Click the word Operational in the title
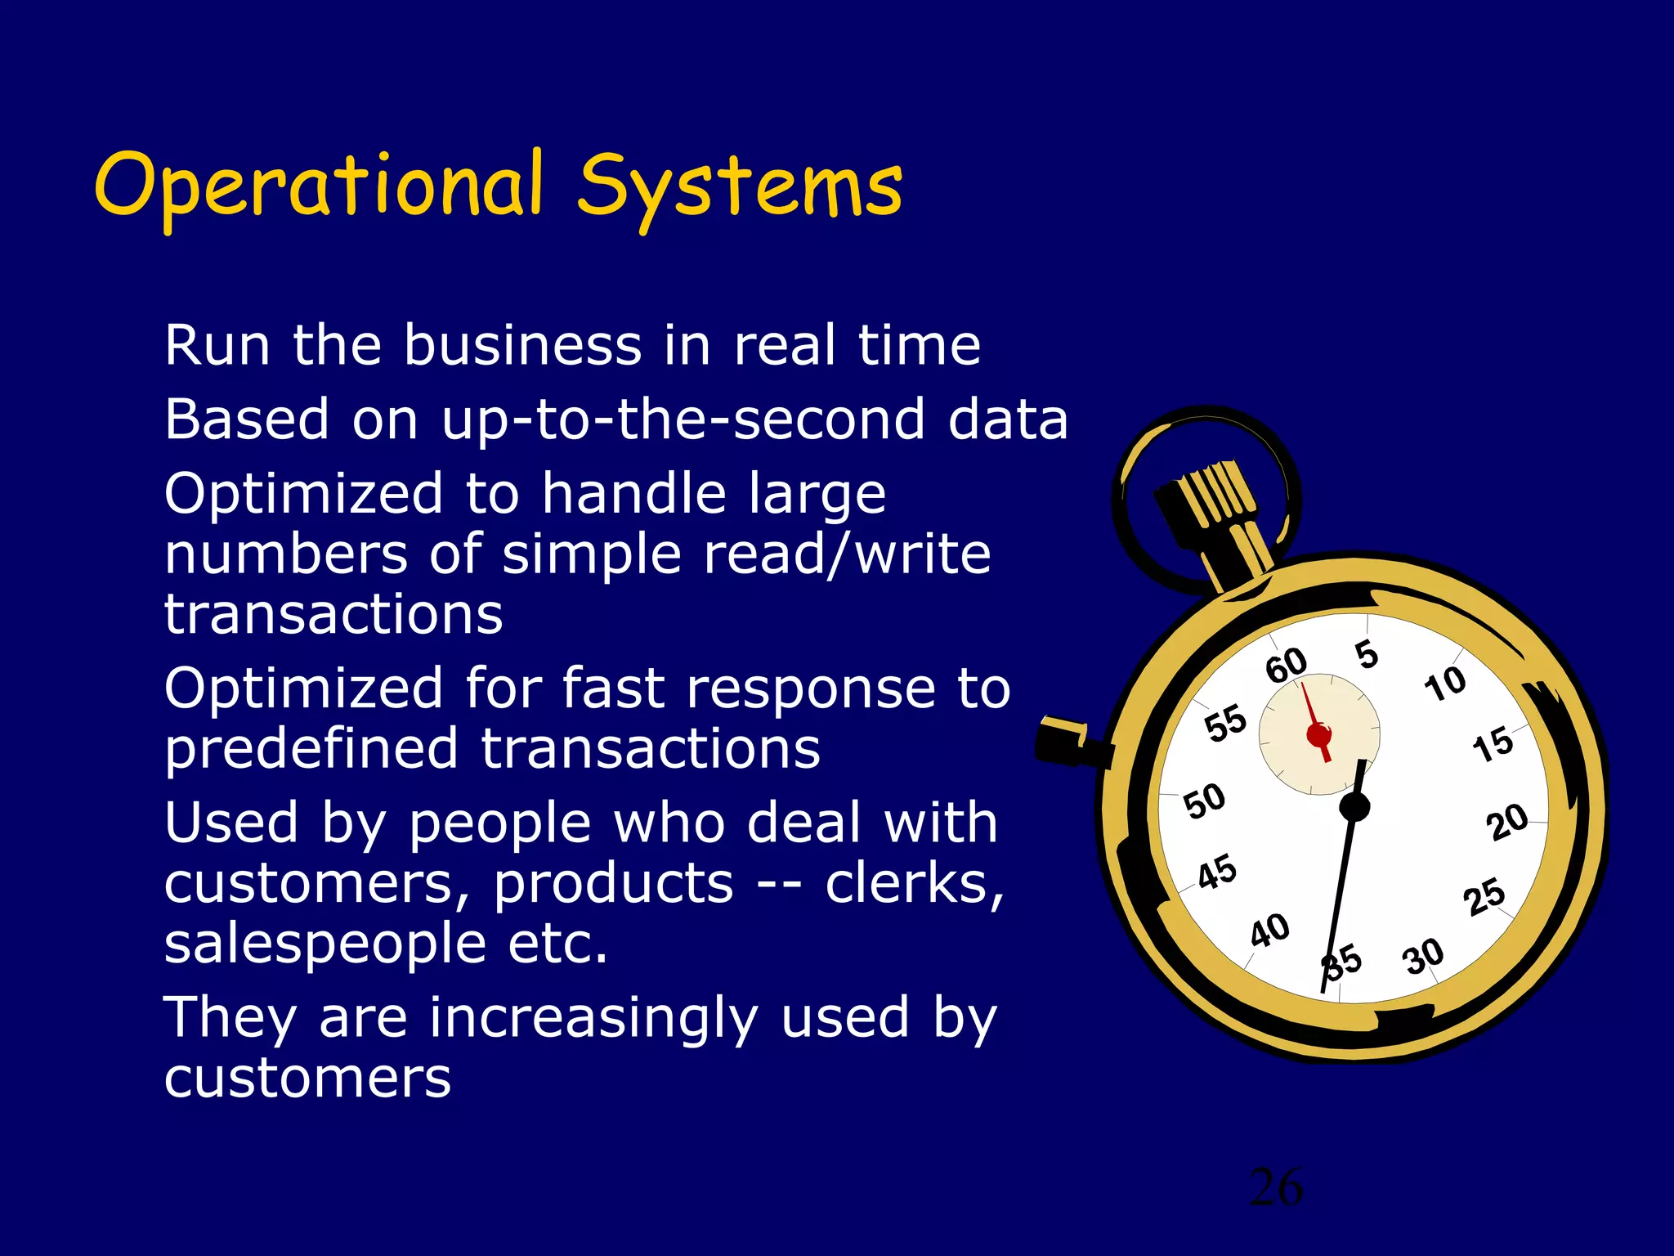pyautogui.click(x=319, y=186)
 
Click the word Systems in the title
pyautogui.click(x=740, y=188)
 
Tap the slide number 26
pyautogui.click(x=1276, y=1187)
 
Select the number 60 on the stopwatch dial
pyautogui.click(x=1287, y=664)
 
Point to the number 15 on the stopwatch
pyautogui.click(x=1493, y=744)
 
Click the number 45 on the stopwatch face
pyautogui.click(x=1217, y=872)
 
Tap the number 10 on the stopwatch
pyautogui.click(x=1445, y=684)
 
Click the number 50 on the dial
pyautogui.click(x=1205, y=801)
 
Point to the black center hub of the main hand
pyautogui.click(x=1354, y=807)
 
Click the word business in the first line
pyautogui.click(x=522, y=345)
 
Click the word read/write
pyautogui.click(x=847, y=554)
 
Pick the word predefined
pyautogui.click(x=311, y=749)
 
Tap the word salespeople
pyautogui.click(x=325, y=944)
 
